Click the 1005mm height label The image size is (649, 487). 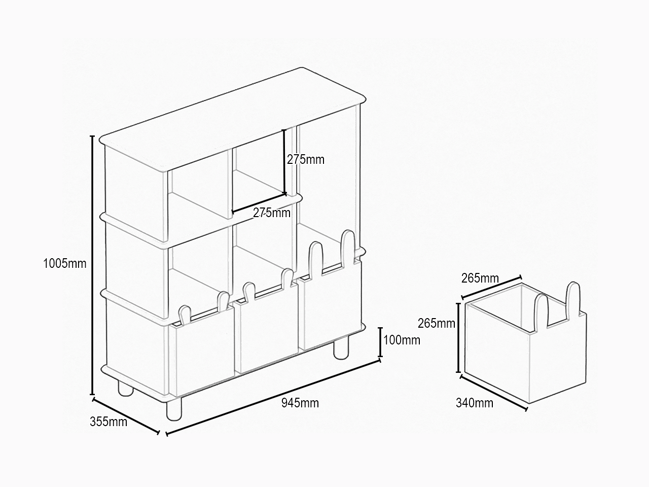65,263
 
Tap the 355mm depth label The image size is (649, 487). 109,422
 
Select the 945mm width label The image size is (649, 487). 300,403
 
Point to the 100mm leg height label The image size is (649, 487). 402,340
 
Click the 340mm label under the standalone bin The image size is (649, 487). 475,403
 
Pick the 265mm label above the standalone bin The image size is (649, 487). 480,278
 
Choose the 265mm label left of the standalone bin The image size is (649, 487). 437,324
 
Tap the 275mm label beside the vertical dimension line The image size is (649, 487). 306,160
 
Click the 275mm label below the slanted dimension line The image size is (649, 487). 271,213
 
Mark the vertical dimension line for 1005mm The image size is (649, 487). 92,265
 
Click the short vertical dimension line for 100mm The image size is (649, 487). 380,342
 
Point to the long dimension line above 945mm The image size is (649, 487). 273,397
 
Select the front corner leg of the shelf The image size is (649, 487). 174,409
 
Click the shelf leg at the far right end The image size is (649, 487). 341,350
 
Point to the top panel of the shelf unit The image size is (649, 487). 232,120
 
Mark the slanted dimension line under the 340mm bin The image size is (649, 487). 493,393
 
